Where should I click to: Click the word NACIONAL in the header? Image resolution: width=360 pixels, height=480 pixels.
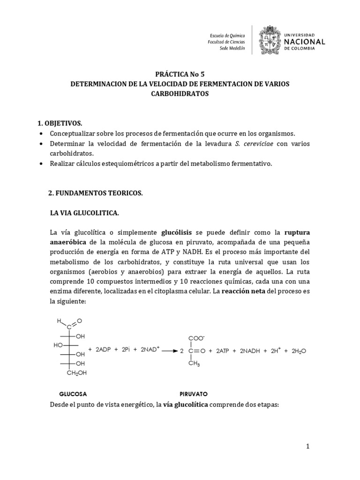point(304,42)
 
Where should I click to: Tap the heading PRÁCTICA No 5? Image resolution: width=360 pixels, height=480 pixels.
point(180,74)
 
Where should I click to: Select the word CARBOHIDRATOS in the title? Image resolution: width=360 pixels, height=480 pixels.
point(180,94)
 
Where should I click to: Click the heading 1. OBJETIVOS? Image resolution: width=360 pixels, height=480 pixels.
point(60,123)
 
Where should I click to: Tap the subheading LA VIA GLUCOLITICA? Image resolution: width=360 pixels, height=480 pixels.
point(84,213)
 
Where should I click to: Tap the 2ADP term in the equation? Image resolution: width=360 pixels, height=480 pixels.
point(104,350)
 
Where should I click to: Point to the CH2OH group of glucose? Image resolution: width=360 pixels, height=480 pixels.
point(77,373)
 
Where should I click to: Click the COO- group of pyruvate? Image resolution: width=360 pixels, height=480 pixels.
point(196,337)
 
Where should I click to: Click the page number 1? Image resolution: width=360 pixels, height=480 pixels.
point(308,446)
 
